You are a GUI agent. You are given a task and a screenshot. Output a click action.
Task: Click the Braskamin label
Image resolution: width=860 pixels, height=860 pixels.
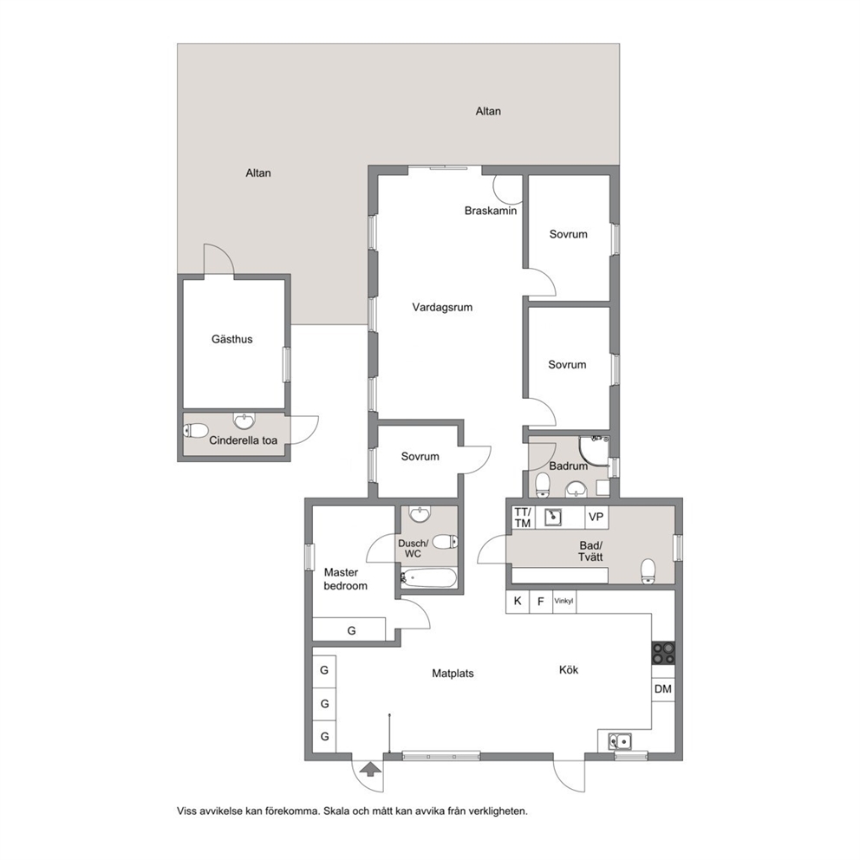(491, 211)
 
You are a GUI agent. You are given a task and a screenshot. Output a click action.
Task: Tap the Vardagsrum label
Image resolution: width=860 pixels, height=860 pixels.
(442, 308)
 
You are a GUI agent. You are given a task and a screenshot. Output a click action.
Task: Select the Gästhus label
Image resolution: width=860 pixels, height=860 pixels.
(232, 339)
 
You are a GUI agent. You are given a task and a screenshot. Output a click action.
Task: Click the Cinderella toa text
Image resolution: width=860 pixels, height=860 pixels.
(243, 440)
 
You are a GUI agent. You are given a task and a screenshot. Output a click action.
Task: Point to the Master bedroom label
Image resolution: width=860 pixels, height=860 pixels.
(346, 579)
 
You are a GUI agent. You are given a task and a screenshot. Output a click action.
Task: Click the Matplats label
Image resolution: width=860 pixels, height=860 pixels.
(453, 674)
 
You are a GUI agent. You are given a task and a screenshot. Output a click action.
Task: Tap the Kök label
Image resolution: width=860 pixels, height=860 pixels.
(569, 669)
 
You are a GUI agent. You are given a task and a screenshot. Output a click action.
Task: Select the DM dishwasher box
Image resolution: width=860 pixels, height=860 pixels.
(663, 689)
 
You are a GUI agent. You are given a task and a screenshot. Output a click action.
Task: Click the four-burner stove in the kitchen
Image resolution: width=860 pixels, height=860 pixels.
(663, 653)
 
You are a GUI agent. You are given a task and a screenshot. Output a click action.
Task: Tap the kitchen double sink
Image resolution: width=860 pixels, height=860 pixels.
(620, 741)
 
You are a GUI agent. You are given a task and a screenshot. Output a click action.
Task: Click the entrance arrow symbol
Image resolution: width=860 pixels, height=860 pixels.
(371, 770)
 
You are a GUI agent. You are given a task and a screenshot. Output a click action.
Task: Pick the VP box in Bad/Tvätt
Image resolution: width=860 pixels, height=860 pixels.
(596, 517)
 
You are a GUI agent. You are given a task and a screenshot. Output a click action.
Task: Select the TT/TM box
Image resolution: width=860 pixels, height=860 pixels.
(523, 518)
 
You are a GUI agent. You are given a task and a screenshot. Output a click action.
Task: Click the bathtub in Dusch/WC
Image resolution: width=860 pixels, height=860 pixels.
(428, 577)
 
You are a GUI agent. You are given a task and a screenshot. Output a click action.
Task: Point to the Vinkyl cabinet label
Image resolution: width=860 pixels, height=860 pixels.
(564, 601)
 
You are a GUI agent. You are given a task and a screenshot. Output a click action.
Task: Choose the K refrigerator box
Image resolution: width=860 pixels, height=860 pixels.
(518, 601)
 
